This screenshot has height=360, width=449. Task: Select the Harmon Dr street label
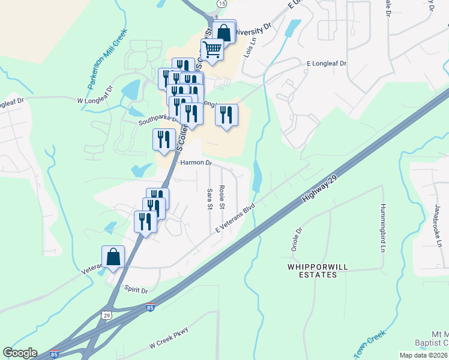coord(196,163)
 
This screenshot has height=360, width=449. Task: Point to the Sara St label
coord(209,199)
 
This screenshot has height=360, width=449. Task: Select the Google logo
coord(20,353)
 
